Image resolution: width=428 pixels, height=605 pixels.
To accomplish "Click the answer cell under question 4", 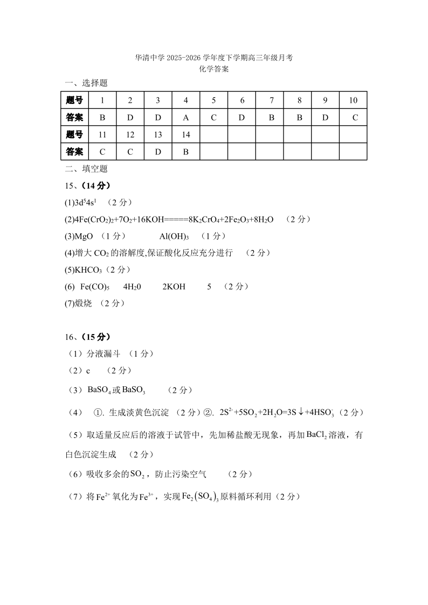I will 186,117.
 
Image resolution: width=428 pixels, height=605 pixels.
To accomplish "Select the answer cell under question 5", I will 214,117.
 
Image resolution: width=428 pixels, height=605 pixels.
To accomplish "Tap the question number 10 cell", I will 353,100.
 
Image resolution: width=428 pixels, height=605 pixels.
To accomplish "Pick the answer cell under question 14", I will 186,152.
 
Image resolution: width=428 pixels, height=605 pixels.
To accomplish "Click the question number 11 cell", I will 102,135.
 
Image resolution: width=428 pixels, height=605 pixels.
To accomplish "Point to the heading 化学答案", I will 214,69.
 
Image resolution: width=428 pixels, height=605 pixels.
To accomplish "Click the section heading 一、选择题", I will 86,83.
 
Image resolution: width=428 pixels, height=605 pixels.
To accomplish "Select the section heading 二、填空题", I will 86,169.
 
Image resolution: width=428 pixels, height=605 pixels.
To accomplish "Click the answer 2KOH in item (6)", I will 174,287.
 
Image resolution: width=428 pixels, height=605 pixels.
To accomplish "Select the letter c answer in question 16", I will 88,371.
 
